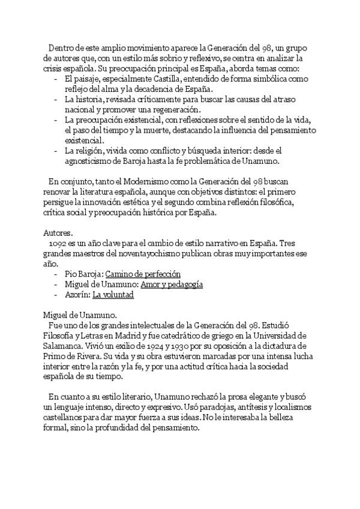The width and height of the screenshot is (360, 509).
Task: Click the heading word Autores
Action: (58, 231)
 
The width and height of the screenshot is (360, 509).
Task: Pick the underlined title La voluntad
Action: (113, 295)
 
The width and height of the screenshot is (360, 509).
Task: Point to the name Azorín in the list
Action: (76, 295)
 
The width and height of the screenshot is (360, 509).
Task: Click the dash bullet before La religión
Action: (55, 151)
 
